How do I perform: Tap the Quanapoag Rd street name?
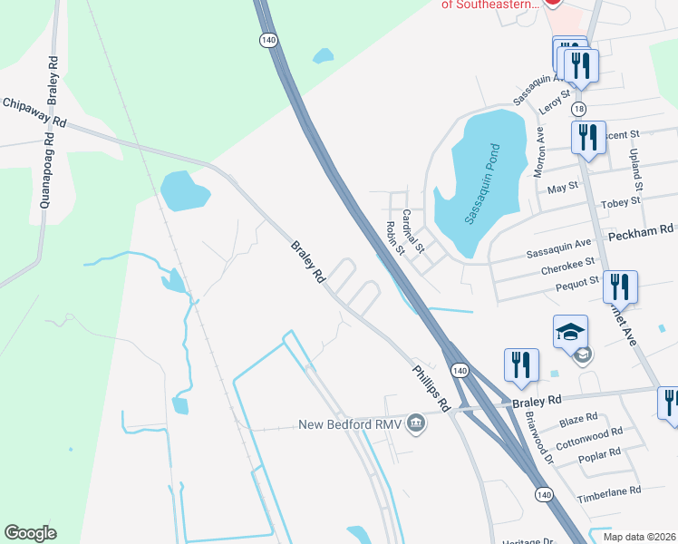(44, 173)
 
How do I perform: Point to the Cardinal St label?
(413, 230)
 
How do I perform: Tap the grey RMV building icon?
(416, 423)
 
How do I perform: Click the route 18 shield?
(578, 109)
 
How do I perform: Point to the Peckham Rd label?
(642, 231)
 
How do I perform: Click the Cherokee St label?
(564, 262)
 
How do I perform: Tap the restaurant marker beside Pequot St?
(620, 287)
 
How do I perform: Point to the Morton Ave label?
(539, 151)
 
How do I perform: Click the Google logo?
(30, 533)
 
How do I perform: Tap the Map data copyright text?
(640, 537)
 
